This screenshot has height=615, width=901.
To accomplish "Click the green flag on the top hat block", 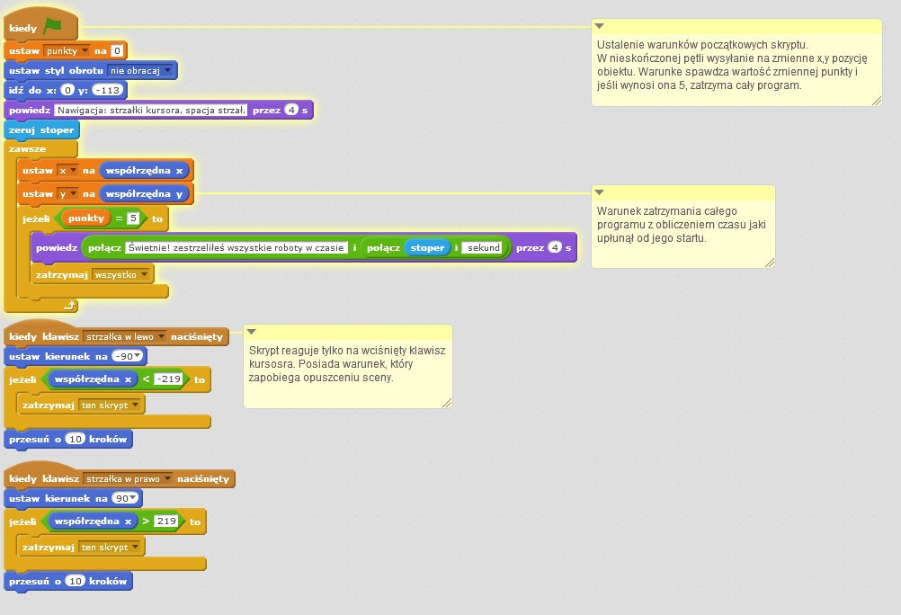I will [53, 28].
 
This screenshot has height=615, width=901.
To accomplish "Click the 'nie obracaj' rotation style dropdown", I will [141, 70].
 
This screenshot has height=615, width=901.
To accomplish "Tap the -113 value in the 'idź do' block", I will [109, 90].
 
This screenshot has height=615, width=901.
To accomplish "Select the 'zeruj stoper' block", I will [41, 129].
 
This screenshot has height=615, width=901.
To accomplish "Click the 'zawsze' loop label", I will [27, 149].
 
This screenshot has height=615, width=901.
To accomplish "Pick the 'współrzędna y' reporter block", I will [145, 193].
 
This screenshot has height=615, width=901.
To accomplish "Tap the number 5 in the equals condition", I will [132, 218].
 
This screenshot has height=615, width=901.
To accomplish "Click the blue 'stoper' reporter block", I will [427, 247].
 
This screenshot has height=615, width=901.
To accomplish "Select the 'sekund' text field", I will [482, 247].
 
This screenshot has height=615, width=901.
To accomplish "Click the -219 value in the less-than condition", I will [168, 379].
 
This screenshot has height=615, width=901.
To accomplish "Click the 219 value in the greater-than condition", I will [165, 521].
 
